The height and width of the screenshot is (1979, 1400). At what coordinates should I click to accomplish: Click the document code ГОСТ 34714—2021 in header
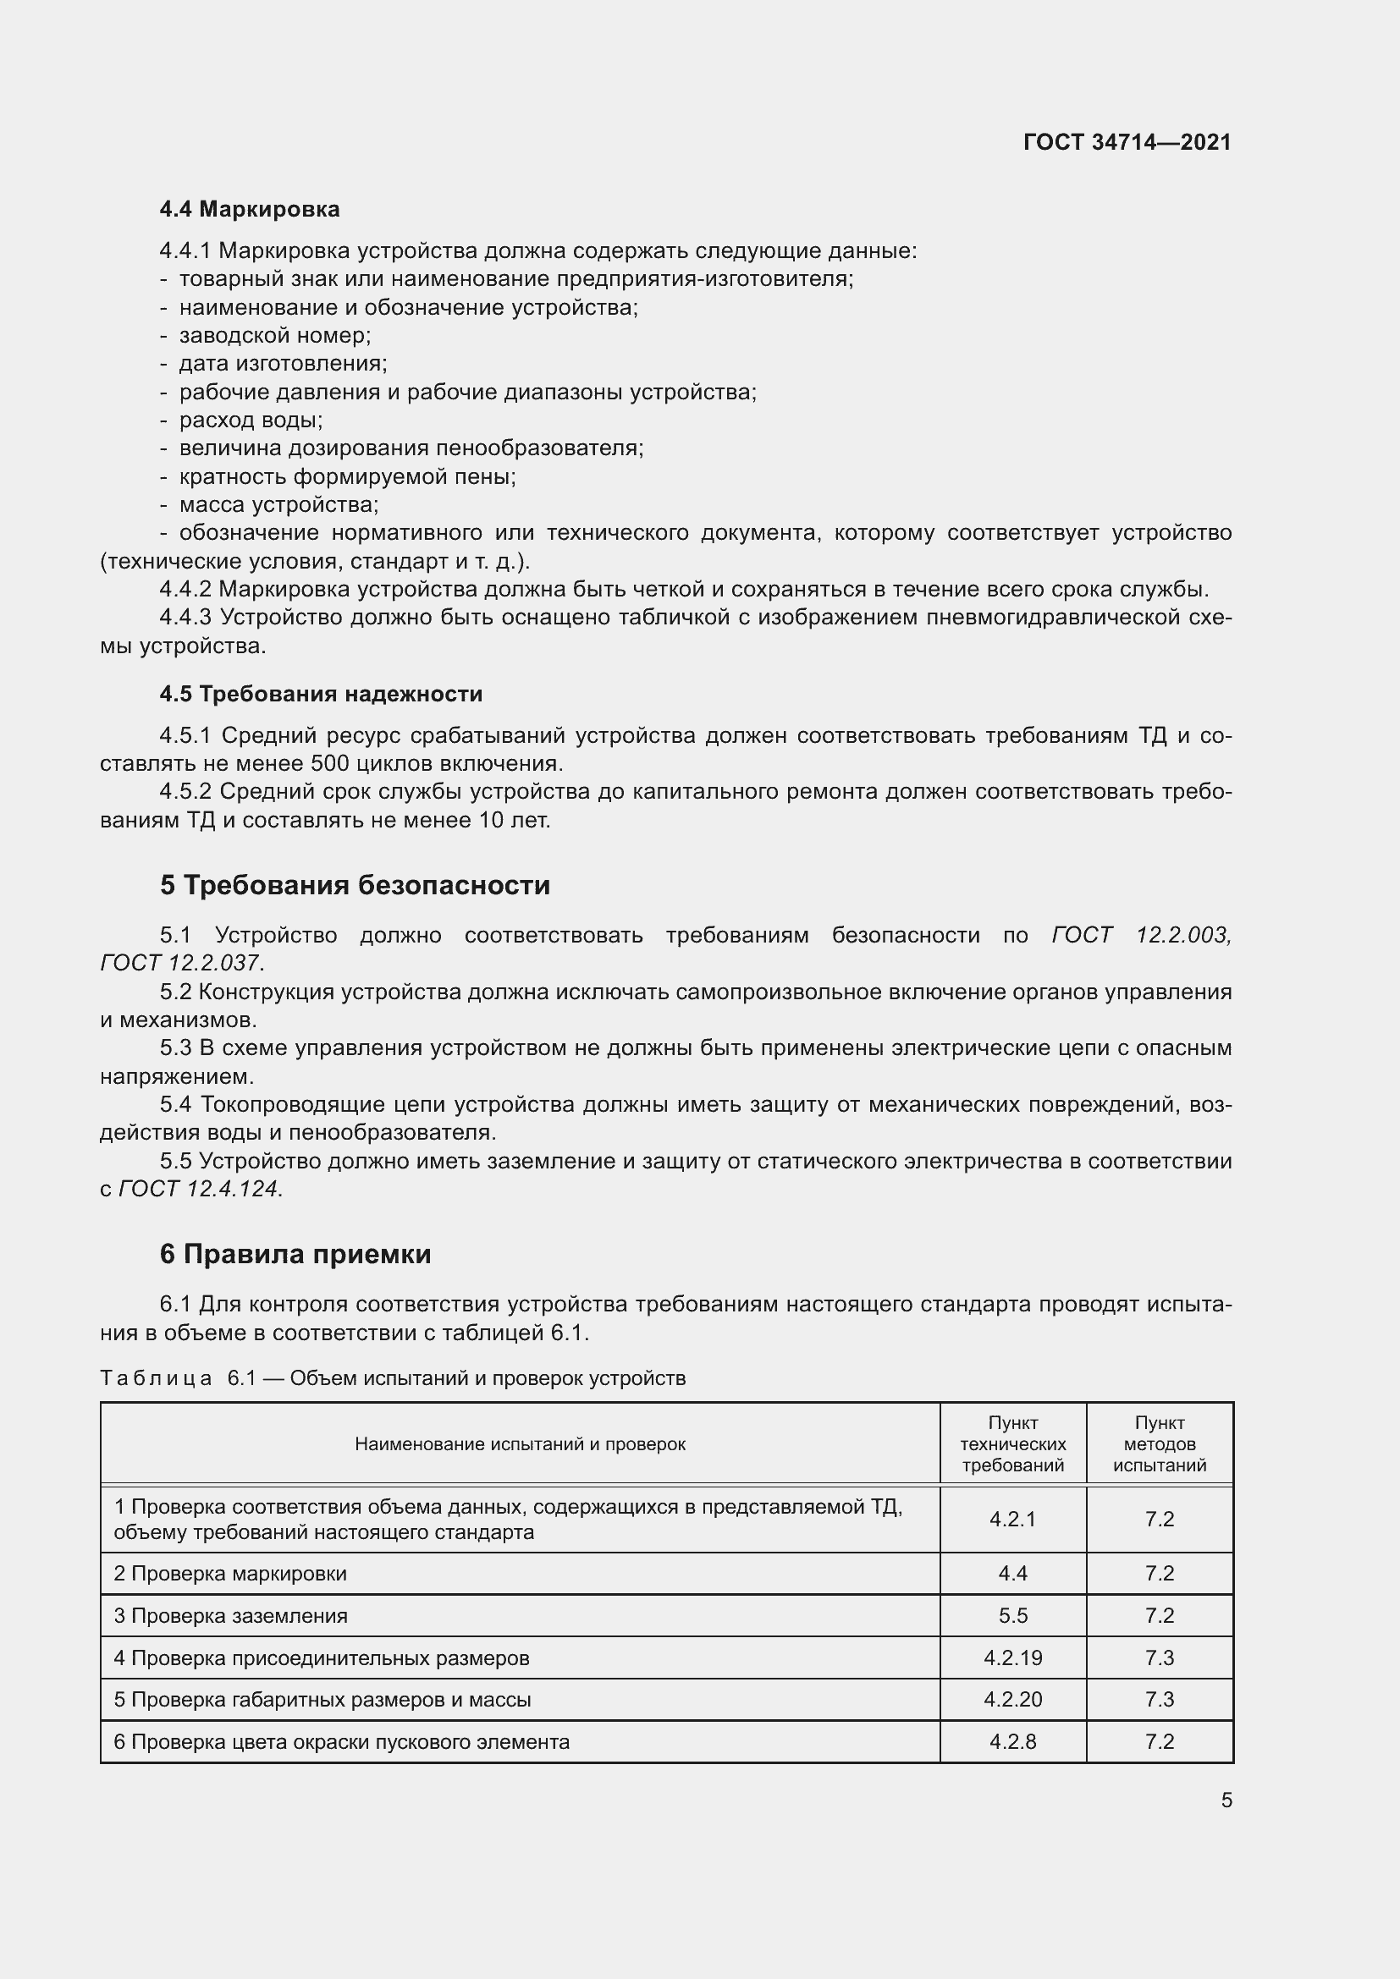pos(1127,142)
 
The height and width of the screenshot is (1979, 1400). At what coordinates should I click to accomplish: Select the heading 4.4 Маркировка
pos(249,210)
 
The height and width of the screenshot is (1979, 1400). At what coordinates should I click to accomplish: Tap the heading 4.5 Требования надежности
pos(321,694)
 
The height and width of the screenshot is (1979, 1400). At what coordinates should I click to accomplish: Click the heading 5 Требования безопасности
pos(355,885)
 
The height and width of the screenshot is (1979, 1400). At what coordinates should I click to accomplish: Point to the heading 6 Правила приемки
pos(295,1254)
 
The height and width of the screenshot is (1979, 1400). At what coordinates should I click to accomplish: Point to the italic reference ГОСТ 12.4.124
pos(198,1189)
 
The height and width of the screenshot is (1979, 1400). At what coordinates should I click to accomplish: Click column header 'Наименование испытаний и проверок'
pos(520,1443)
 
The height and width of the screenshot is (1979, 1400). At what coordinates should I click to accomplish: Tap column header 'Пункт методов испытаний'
pos(1159,1443)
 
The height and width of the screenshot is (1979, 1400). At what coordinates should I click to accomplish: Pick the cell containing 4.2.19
pos(1012,1657)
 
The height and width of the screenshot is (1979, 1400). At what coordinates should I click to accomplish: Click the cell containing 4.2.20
pos(1012,1699)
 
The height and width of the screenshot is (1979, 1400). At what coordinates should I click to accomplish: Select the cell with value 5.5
pos(1012,1615)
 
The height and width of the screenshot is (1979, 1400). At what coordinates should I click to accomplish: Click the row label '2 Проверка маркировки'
pos(230,1573)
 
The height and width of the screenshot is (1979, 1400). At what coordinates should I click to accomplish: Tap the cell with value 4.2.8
pos(1012,1741)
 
